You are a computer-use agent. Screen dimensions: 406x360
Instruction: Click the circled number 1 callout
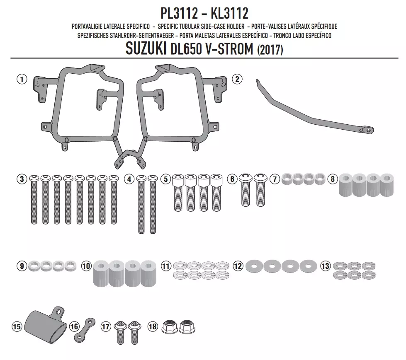(x=22, y=79)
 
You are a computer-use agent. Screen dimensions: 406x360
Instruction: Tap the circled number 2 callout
(x=237, y=79)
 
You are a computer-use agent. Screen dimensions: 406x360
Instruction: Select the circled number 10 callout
(x=86, y=266)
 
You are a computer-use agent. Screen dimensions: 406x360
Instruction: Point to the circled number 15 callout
(x=17, y=326)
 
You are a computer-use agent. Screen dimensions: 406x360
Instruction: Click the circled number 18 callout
(x=153, y=326)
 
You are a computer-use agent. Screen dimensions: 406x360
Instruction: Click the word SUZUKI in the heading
(x=146, y=48)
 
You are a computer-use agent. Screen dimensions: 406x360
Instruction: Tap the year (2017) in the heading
(x=270, y=49)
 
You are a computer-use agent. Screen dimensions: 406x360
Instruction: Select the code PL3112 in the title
(x=179, y=13)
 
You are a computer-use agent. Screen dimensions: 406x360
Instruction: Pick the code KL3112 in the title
(x=230, y=13)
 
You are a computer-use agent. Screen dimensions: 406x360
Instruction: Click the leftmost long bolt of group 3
(x=34, y=199)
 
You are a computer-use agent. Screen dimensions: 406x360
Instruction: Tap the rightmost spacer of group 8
(x=387, y=185)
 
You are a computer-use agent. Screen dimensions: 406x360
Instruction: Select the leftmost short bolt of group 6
(x=246, y=190)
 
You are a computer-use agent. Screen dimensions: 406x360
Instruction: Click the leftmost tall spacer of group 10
(x=101, y=273)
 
